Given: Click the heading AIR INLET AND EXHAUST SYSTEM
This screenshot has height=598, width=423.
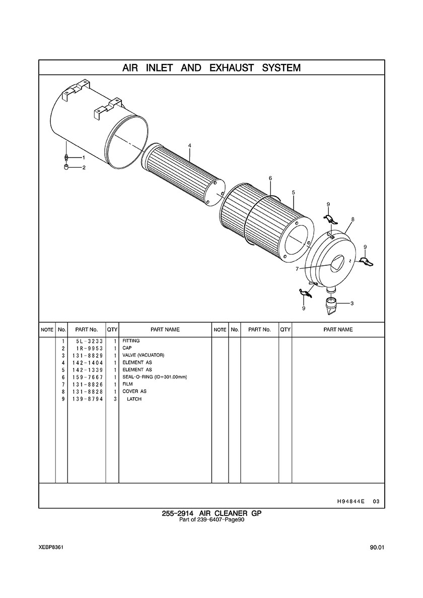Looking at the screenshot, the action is point(211,68).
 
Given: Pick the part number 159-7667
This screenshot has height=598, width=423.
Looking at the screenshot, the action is point(88,377).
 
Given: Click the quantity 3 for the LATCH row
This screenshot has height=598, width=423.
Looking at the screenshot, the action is point(115,399).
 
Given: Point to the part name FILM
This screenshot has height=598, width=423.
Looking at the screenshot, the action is point(127,384).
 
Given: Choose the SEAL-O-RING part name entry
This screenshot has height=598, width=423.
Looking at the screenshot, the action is point(155,377).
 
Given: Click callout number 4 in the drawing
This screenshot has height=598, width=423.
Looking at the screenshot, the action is point(189,145).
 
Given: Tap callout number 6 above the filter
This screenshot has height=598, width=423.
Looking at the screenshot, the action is point(270,178).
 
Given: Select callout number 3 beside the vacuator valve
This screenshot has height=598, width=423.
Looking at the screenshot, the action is point(351,304).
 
